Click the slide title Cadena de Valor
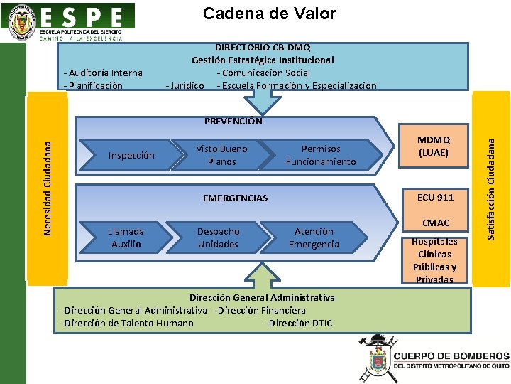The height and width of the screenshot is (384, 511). tap(269, 14)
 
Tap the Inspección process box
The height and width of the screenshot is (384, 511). tap(131, 155)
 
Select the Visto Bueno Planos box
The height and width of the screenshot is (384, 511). tap(221, 155)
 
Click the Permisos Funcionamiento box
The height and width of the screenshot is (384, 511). tap(321, 155)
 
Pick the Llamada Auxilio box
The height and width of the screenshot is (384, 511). tap(126, 238)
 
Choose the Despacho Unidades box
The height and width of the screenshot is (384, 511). tap(218, 238)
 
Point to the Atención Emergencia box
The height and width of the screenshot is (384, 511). tap(314, 238)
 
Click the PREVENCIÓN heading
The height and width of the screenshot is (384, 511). tap(233, 121)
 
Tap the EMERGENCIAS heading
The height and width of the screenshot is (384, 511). tap(235, 198)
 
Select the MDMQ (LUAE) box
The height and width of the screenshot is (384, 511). tap(434, 146)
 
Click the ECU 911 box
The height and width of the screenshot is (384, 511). tap(435, 197)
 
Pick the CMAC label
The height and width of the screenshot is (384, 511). tap(436, 223)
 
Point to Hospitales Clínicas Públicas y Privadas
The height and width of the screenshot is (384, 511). tap(434, 260)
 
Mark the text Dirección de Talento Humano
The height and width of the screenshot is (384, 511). tap(127, 323)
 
